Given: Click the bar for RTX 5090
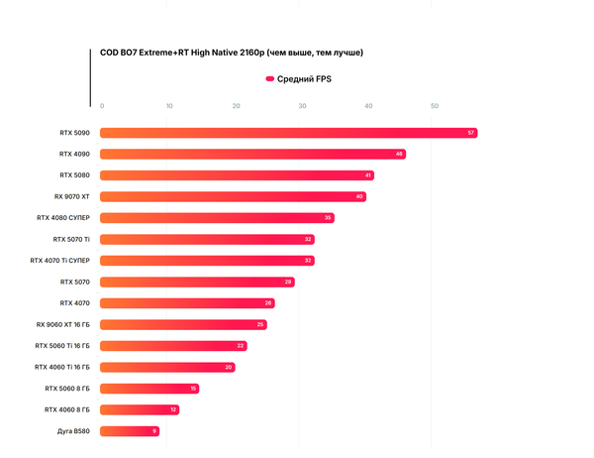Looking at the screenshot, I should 287,133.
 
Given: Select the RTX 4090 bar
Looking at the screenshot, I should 252,154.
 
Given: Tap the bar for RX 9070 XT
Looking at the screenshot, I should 233,196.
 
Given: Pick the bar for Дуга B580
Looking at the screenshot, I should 129,431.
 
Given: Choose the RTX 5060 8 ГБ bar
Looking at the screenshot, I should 148,389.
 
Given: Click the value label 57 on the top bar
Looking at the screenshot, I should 471,133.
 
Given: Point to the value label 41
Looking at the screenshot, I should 368,175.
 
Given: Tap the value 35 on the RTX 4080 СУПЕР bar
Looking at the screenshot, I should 328,218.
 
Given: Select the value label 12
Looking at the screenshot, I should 173,409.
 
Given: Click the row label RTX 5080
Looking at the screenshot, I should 74,175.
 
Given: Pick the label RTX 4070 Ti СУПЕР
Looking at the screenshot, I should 60,261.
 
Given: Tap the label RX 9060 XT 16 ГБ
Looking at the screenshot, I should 62,324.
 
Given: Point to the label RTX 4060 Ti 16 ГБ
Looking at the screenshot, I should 61,367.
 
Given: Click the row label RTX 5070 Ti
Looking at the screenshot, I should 71,239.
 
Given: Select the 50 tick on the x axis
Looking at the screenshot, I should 435,106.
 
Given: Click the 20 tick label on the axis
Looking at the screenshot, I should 236,106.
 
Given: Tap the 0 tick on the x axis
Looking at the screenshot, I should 102,106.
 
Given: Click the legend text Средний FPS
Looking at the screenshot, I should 304,78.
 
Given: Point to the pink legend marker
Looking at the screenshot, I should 269,78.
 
